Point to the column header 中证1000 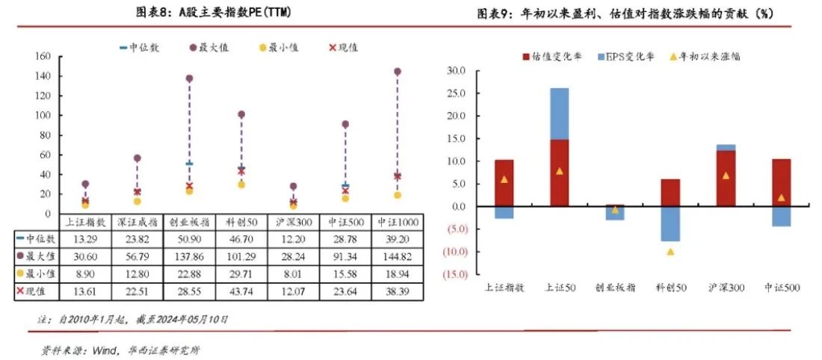coord(398,222)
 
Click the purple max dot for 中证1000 coord(397,72)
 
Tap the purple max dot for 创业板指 coord(189,78)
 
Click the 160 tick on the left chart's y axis coord(43,56)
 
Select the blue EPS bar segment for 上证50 coord(560,114)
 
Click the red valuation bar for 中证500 coord(781,182)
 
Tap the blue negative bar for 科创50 coord(670,223)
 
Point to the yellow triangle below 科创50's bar coord(670,251)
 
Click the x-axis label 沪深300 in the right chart coord(726,288)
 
